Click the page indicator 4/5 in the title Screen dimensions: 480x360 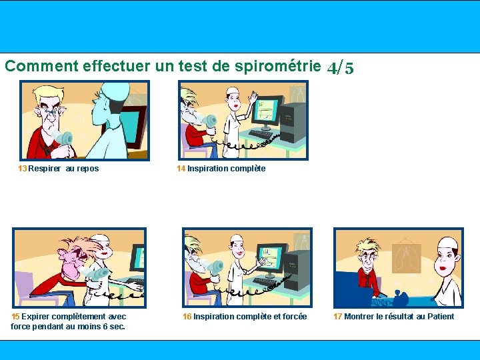point(340,67)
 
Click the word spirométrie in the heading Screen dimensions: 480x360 point(277,66)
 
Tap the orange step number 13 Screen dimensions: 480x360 point(23,169)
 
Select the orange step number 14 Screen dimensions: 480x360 point(181,169)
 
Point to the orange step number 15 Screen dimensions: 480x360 point(15,316)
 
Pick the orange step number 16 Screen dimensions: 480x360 point(187,316)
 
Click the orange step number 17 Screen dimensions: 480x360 point(337,316)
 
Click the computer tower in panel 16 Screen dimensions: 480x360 point(296,270)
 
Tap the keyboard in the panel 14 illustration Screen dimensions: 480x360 point(260,134)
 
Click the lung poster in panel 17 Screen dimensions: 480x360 point(406,258)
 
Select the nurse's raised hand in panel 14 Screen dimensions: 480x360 point(253,97)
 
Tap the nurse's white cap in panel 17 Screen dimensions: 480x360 point(448,243)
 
